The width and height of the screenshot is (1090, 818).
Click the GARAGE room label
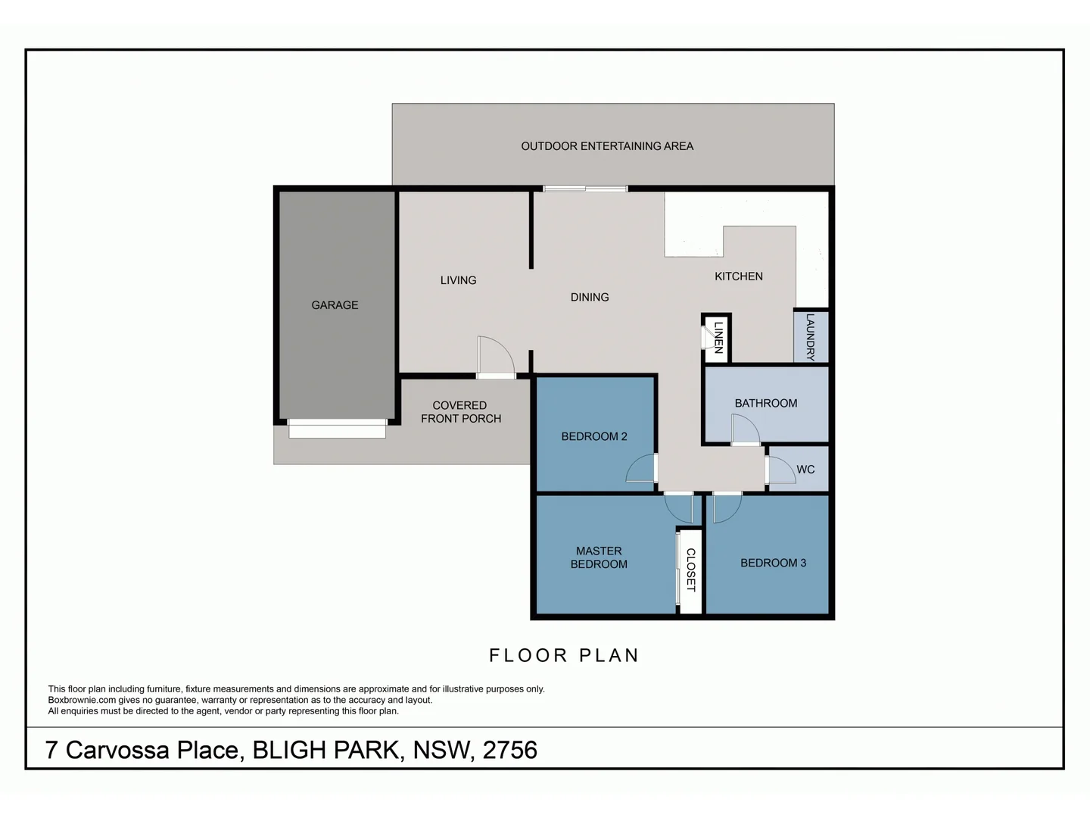[335, 305]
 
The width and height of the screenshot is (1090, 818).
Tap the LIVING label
[458, 280]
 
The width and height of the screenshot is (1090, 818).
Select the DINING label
[589, 297]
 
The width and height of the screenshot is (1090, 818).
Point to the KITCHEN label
[738, 276]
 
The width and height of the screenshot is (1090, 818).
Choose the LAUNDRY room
[811, 337]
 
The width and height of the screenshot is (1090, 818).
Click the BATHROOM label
[765, 403]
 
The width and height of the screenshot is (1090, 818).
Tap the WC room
[805, 470]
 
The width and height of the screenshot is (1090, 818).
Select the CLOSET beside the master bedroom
[690, 570]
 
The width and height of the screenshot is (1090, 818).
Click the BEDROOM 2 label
[593, 436]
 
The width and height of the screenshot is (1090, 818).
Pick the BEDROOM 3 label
[773, 563]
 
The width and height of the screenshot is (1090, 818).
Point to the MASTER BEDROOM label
[598, 557]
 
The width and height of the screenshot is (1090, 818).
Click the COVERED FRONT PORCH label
[460, 412]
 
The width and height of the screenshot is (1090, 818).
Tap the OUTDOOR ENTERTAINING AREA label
[607, 146]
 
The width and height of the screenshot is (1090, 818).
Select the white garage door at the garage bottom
[337, 430]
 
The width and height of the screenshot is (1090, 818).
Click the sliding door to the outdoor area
[585, 189]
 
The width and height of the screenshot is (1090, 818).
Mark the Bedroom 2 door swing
[641, 469]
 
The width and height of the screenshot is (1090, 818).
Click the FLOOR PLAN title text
[564, 655]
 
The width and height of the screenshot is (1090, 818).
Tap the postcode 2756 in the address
[509, 750]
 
